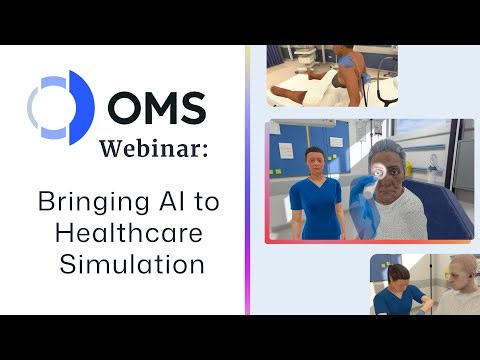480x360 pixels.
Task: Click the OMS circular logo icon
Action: [61, 104]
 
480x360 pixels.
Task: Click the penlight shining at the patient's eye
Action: [379, 172]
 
